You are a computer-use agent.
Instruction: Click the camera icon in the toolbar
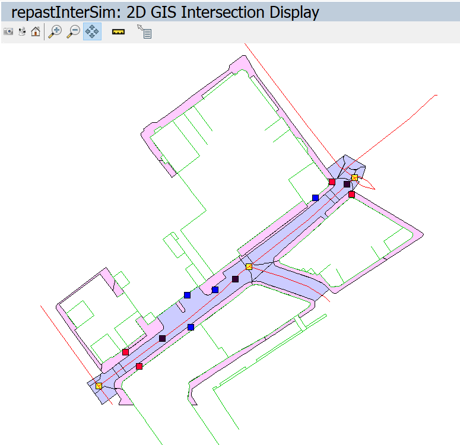tap(8, 31)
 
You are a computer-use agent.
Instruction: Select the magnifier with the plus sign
tap(55, 31)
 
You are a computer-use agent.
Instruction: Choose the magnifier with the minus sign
tap(74, 31)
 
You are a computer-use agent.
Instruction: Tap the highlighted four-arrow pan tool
tap(92, 31)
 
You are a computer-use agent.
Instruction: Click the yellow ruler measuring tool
tap(118, 31)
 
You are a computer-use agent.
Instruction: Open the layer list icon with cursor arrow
tap(144, 31)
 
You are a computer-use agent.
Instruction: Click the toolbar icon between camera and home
tap(22, 31)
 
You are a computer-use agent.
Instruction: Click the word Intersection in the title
tap(223, 12)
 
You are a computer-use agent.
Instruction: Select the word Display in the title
tap(294, 13)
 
